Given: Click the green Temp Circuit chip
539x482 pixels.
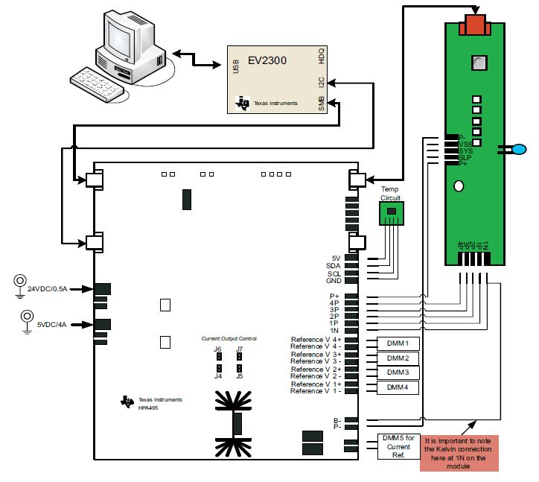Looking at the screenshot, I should click(x=390, y=214).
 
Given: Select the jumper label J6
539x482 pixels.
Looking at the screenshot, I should click(x=217, y=349).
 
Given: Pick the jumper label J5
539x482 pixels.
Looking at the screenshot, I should click(x=239, y=376).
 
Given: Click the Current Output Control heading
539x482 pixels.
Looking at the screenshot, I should click(x=229, y=339).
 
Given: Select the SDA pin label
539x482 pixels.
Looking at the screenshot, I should click(x=333, y=266).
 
